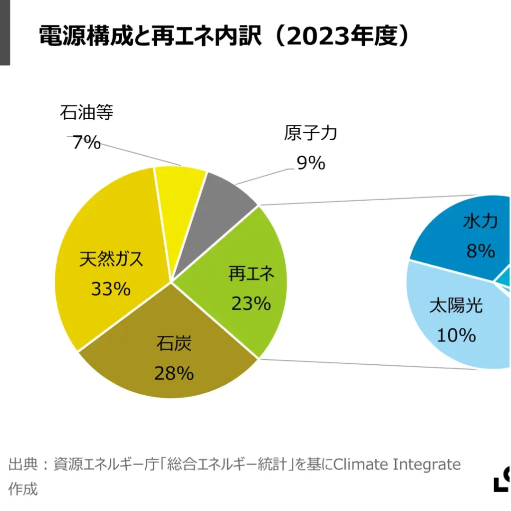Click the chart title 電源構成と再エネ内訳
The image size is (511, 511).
pyautogui.click(x=150, y=36)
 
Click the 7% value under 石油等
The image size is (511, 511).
pyautogui.click(x=86, y=143)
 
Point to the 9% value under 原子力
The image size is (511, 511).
pyautogui.click(x=311, y=163)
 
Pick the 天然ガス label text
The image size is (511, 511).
pyautogui.click(x=111, y=259)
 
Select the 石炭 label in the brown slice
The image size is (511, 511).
pyautogui.click(x=174, y=344)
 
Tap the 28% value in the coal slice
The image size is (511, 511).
pyautogui.click(x=174, y=373)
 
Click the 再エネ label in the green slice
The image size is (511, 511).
pyautogui.click(x=252, y=273)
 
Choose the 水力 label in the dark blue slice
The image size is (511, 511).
pyautogui.click(x=480, y=221)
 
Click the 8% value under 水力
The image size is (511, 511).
pyautogui.click(x=481, y=251)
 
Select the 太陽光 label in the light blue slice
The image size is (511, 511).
pyautogui.click(x=456, y=305)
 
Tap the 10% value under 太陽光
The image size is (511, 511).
pyautogui.click(x=456, y=335)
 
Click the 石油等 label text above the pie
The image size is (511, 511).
pyautogui.click(x=86, y=113)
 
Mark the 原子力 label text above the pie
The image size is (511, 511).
pyautogui.click(x=311, y=133)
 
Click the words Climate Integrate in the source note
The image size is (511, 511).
pyautogui.click(x=397, y=465)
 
